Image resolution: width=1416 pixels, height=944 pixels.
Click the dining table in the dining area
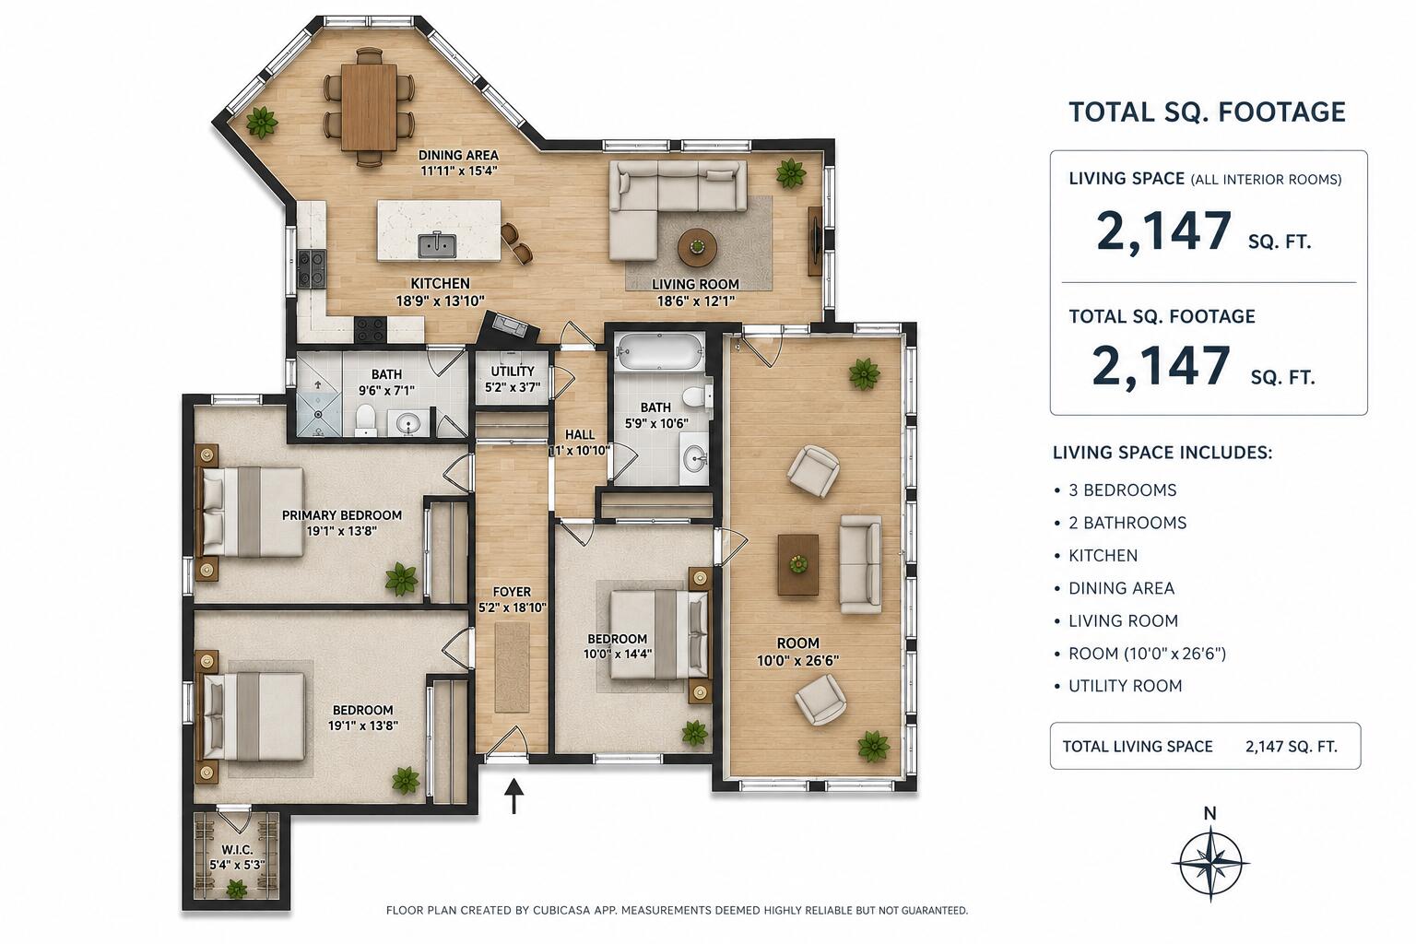point(369,107)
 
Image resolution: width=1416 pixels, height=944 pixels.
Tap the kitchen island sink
point(436,245)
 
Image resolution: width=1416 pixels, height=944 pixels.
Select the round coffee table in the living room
point(697,247)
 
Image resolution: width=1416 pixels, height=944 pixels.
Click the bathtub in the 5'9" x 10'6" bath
point(659,351)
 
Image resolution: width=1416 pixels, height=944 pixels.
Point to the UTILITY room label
point(513,372)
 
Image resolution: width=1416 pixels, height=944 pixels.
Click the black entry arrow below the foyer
point(514,796)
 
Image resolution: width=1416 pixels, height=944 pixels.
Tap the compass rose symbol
point(1209,864)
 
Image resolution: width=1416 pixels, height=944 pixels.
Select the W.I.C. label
point(237,850)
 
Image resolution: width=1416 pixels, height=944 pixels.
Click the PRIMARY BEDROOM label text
point(341,515)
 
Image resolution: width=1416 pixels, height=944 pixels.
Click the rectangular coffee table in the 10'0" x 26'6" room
point(798,564)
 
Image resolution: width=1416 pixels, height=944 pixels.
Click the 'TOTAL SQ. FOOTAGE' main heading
point(1208,112)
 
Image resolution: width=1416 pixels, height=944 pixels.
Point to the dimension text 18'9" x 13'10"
point(440,301)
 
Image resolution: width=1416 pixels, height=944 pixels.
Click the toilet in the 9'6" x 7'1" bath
point(365,419)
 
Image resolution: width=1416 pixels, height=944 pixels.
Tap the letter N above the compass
point(1209,814)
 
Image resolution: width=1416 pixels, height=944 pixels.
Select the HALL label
point(580,435)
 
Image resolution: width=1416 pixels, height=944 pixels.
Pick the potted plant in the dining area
point(262,122)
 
